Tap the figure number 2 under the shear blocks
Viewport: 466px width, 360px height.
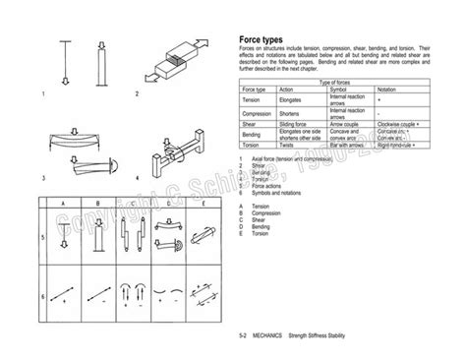tap(137, 94)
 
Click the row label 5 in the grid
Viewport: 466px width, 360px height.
tap(43, 238)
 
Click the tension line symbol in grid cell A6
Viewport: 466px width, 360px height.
tap(65, 290)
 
